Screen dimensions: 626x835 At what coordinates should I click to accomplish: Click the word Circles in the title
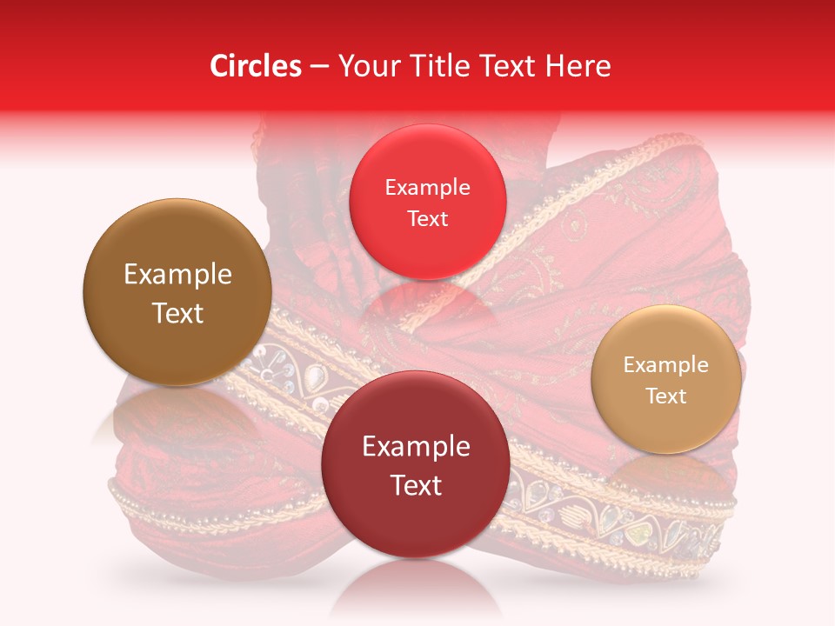(255, 66)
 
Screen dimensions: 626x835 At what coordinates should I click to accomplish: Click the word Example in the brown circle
(177, 275)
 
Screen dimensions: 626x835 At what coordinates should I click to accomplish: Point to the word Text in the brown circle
(177, 313)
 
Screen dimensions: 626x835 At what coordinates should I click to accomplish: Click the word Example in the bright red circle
(427, 188)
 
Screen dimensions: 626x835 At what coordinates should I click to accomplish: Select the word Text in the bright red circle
(427, 218)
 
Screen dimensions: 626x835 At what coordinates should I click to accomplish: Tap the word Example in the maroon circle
(416, 447)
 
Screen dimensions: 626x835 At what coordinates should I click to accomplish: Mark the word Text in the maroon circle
(416, 485)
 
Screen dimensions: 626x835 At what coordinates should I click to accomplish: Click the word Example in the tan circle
(666, 365)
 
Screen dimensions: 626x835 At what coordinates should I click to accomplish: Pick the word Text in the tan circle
(666, 396)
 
